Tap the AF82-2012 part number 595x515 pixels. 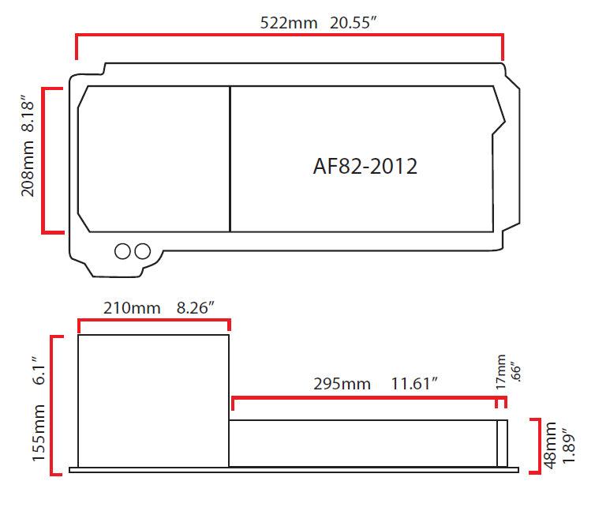365,167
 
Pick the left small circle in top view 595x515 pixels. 123,251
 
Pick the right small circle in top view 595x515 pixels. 142,251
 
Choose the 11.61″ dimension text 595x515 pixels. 414,384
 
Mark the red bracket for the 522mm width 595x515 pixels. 289,36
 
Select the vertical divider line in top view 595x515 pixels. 230,159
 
